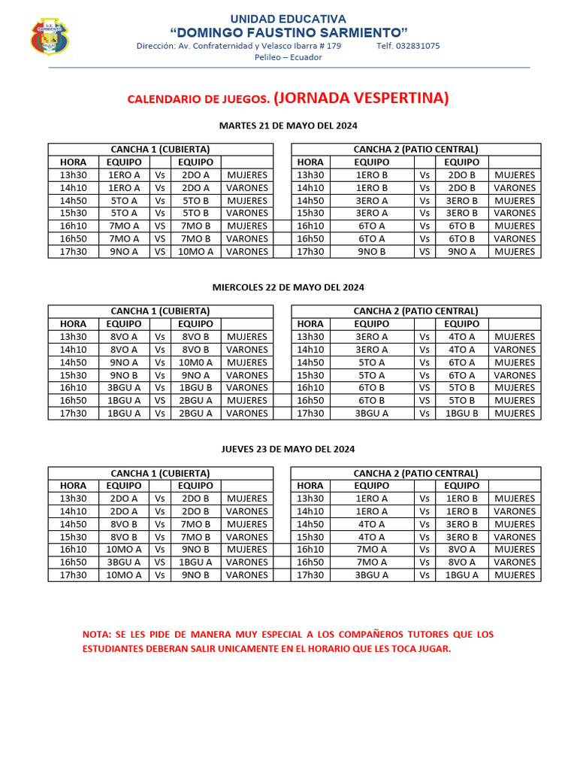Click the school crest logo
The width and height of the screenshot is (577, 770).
pos(50,37)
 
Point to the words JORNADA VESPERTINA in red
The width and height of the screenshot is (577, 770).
pos(361,98)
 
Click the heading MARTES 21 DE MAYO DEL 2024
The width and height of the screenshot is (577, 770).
pos(288,125)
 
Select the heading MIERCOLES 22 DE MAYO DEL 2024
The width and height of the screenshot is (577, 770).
pos(288,287)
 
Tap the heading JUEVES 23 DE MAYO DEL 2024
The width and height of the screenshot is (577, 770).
pos(288,449)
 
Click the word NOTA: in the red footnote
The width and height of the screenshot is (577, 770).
pos(97,635)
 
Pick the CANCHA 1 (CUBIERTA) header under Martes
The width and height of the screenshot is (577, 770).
pos(160,149)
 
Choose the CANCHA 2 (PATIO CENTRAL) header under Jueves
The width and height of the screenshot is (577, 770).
pos(415,473)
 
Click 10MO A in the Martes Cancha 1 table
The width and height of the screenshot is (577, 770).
pos(195,251)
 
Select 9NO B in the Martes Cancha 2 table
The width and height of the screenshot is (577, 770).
pos(371,251)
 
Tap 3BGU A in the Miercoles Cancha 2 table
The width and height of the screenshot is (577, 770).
pos(371,413)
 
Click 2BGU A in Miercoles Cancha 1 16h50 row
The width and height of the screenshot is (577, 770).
pos(195,400)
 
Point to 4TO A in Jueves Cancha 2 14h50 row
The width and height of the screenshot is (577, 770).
pos(371,524)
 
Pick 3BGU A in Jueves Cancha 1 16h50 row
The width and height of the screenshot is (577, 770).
pos(124,562)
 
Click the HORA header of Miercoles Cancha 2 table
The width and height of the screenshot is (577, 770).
pos(310,324)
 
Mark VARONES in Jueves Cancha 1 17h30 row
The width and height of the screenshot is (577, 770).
pos(246,574)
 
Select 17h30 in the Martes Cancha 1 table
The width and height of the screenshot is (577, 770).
pos(74,251)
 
